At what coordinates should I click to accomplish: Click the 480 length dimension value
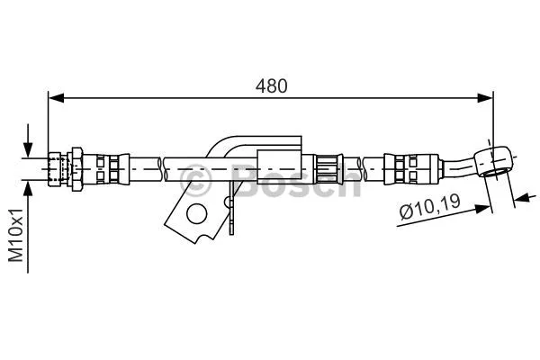tap(271, 86)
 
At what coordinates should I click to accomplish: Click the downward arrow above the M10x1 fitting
tap(29, 148)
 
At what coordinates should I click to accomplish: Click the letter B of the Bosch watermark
tap(243, 179)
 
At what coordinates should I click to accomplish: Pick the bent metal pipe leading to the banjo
tap(461, 165)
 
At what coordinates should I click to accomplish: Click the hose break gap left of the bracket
tap(163, 166)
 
